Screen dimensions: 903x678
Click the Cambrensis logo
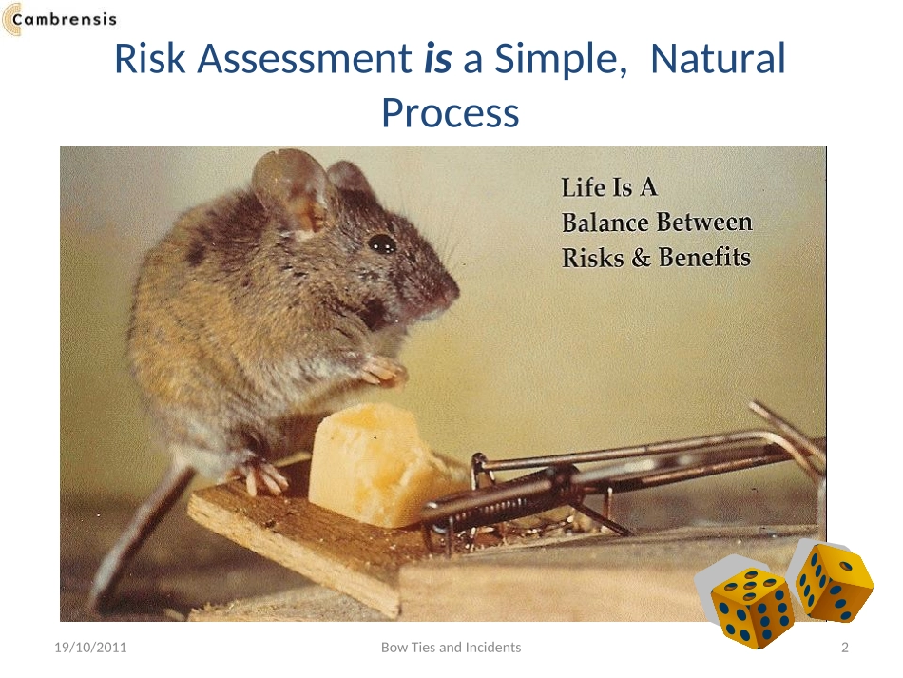click(x=59, y=19)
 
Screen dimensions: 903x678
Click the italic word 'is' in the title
click(x=437, y=59)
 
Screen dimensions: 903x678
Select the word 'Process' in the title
click(x=451, y=113)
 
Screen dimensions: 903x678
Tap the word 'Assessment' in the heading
click(x=305, y=59)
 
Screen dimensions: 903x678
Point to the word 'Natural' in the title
click(x=718, y=59)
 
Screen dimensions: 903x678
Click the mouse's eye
click(x=381, y=243)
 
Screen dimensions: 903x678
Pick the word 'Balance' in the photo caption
click(x=605, y=223)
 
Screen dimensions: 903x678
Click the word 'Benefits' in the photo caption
click(x=704, y=258)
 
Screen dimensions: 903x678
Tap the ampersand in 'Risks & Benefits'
click(x=641, y=258)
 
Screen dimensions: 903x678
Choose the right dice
click(x=834, y=582)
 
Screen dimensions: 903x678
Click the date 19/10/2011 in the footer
click(x=90, y=648)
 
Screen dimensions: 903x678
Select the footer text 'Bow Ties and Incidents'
click(x=451, y=648)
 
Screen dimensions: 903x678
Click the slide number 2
click(x=845, y=648)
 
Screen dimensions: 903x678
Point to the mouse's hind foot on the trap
click(x=262, y=475)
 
